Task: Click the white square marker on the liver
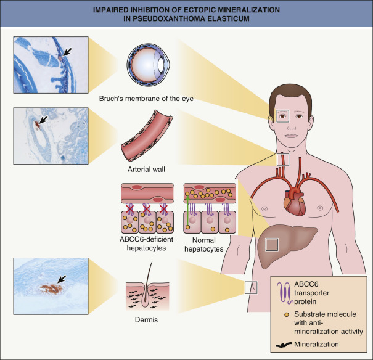pos(271,244)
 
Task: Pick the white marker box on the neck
pos(282,159)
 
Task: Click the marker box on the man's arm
pos(252,287)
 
